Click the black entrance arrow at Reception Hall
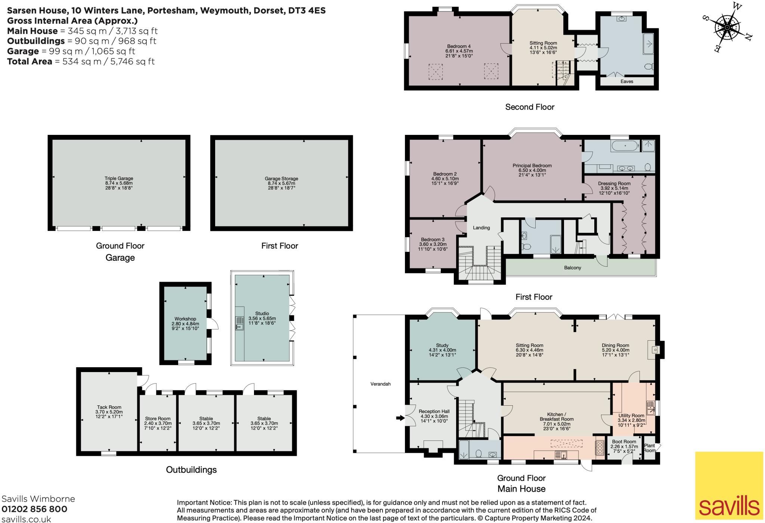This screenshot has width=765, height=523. [400, 418]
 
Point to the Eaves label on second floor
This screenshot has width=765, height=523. [627, 81]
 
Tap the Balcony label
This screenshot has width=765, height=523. [573, 268]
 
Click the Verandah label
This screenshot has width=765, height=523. [380, 384]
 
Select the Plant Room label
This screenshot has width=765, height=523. [649, 448]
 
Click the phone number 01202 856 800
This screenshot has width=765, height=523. [34, 509]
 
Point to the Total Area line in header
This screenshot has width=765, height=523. [81, 61]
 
